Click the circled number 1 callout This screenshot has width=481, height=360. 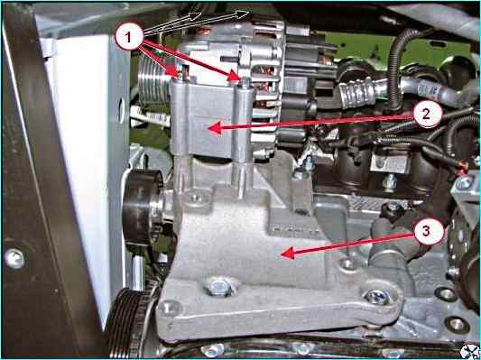coord(129,36)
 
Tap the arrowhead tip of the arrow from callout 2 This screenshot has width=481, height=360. coord(208,128)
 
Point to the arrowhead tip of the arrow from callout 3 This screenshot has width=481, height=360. coord(281,254)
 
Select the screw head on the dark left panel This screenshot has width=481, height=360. coord(14,259)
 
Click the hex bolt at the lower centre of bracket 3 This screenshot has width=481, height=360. coord(218,288)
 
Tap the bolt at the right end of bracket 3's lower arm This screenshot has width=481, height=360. coord(376,297)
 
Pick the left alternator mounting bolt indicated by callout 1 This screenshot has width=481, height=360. coord(182,75)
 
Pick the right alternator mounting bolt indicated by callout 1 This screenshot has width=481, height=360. coord(245,82)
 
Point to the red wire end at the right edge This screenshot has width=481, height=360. coord(465,167)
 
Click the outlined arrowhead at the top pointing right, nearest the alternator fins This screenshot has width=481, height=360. coord(243,14)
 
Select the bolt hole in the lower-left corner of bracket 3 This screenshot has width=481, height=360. coord(169,308)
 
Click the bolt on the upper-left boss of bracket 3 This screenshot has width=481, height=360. coord(195,198)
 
